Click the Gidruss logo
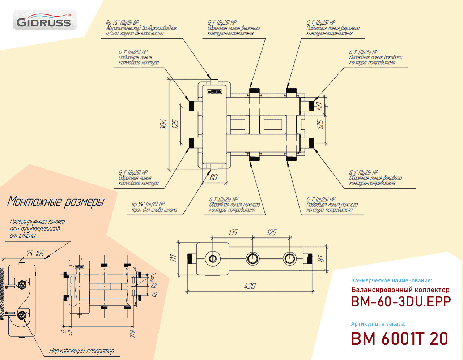tap(44, 20)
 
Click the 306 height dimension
tap(163, 124)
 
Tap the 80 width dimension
tap(214, 177)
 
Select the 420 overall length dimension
tap(250, 286)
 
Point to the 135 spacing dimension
tap(233, 232)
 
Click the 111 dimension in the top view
tap(173, 257)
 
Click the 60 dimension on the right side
tap(319, 106)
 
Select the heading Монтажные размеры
tap(56, 202)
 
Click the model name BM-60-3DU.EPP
tap(401, 301)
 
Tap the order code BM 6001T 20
tap(400, 339)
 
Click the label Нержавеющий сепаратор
tap(82, 351)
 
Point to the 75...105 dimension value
tap(35, 254)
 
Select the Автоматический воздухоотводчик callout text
tap(141, 28)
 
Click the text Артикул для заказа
tap(378, 324)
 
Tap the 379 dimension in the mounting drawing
tap(132, 333)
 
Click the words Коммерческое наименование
tap(392, 280)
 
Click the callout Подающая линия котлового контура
tap(139, 60)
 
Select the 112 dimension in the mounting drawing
tap(154, 295)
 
